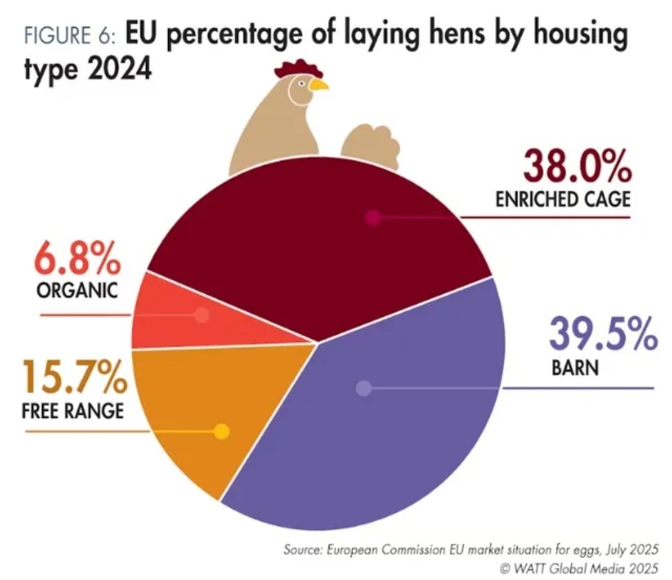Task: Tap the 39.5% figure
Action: pos(602,336)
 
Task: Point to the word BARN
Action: pos(574,366)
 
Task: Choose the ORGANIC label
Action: pos(77,290)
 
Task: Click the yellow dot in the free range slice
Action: pos(222,432)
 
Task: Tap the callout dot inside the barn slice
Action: pos(363,388)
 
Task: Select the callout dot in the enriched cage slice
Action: pos(373,217)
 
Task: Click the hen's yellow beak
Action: pos(318,85)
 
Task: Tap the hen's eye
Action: pos(301,83)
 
